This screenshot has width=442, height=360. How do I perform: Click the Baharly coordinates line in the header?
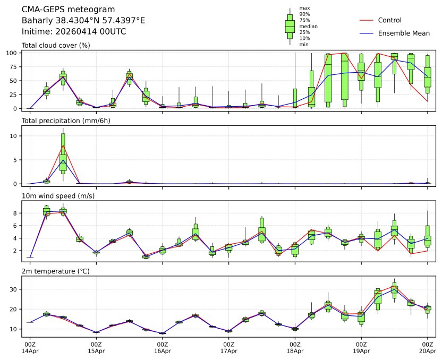tap(83, 21)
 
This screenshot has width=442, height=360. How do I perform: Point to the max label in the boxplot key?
tap(304, 8)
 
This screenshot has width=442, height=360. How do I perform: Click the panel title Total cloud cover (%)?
tap(56, 45)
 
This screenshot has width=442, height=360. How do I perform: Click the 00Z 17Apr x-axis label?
tap(229, 347)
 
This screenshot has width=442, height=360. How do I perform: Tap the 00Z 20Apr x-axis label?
tap(428, 347)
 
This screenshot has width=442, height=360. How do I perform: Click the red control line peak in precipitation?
tap(63, 145)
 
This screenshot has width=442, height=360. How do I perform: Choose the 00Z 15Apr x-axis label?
tap(96, 347)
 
